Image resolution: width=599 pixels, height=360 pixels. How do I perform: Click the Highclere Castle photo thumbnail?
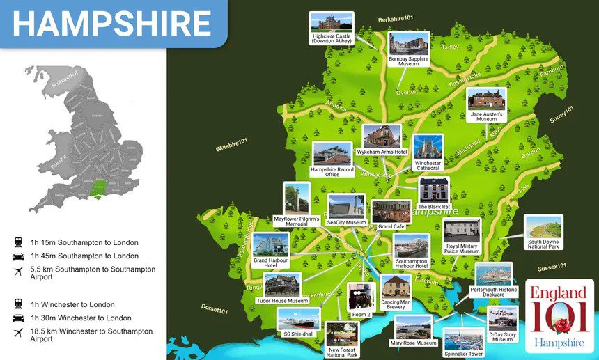(x=332, y=23)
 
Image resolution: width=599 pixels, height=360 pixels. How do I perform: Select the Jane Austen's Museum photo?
(x=487, y=100)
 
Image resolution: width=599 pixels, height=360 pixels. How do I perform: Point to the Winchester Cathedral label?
(x=428, y=164)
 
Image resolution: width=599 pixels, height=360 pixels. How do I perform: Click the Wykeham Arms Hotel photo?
(x=382, y=136)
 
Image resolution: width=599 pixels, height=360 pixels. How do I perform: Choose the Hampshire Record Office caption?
(x=332, y=171)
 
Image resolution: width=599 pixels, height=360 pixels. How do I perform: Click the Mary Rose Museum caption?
(x=413, y=343)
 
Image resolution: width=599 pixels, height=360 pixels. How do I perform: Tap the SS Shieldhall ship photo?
(x=299, y=319)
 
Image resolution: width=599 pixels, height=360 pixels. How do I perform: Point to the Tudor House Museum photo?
(x=282, y=285)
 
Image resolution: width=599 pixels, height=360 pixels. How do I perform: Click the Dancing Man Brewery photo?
(x=396, y=288)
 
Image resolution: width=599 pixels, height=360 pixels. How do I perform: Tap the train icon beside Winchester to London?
(x=17, y=304)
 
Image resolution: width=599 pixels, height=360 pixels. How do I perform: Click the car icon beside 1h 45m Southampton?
(x=17, y=256)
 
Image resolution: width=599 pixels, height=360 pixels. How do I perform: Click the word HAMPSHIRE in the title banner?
(x=111, y=24)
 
